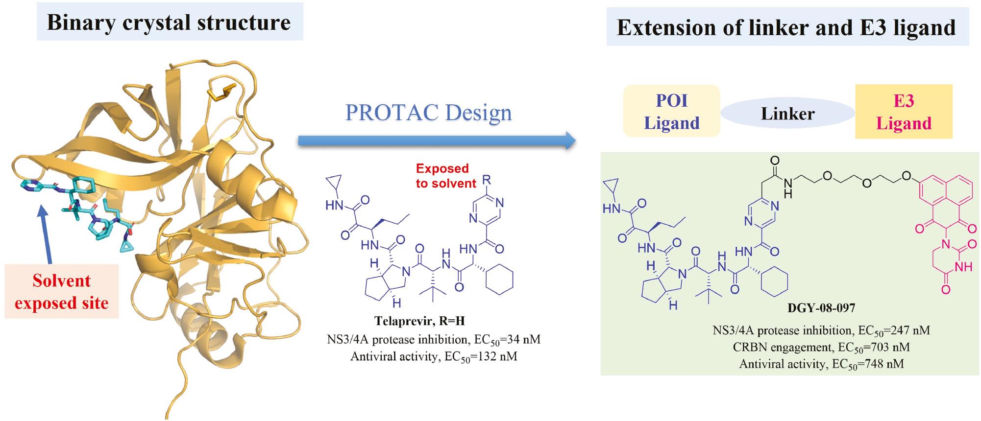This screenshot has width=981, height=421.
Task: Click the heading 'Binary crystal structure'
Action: click(x=169, y=23)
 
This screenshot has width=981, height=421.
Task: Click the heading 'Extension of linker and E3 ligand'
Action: click(x=786, y=27)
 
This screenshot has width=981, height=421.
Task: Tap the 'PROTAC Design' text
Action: click(x=428, y=113)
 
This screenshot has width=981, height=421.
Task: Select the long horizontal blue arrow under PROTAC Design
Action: click(x=436, y=141)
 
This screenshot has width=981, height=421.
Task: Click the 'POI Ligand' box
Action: click(x=671, y=112)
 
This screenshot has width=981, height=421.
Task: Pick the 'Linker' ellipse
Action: click(x=787, y=114)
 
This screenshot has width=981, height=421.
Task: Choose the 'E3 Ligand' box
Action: click(x=904, y=112)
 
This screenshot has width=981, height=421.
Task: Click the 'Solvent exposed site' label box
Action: click(x=62, y=292)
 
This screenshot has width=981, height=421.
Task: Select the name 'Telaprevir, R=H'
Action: click(x=419, y=321)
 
